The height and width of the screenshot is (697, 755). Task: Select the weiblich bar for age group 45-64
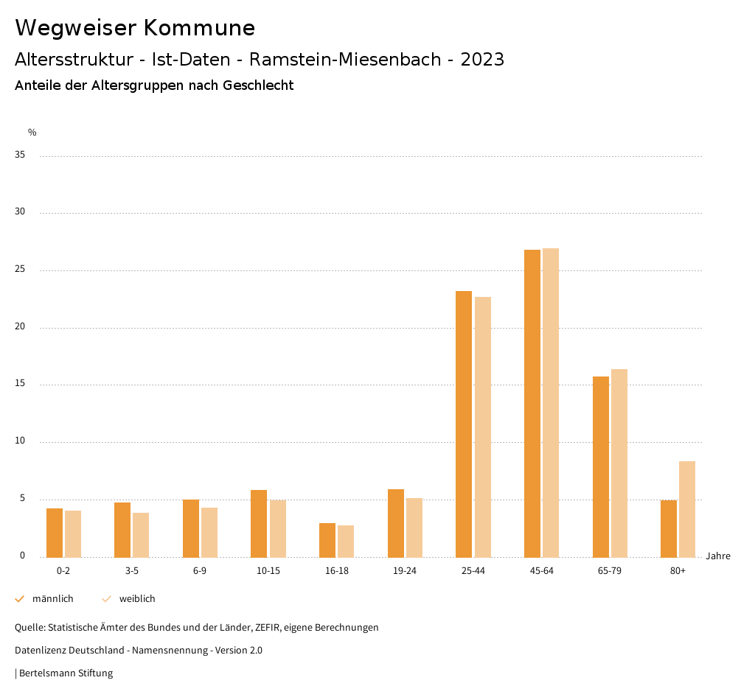point(551,402)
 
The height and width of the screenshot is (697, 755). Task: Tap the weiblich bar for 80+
point(687,508)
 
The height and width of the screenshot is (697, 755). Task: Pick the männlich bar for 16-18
point(327,540)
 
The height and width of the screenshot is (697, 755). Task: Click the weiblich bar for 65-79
point(619,463)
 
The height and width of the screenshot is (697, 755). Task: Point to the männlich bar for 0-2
point(55,533)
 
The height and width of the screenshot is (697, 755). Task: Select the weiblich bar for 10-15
point(278,528)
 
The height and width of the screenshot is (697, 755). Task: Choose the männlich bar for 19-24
point(396,523)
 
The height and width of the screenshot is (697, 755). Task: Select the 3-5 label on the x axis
point(132,571)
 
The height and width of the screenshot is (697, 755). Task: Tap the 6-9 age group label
point(200,571)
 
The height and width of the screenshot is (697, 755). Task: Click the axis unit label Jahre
point(718,556)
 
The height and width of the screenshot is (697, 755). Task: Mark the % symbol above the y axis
point(32,133)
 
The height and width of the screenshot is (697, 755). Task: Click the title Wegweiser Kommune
point(135,28)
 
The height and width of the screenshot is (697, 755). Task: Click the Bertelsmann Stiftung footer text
point(65,673)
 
